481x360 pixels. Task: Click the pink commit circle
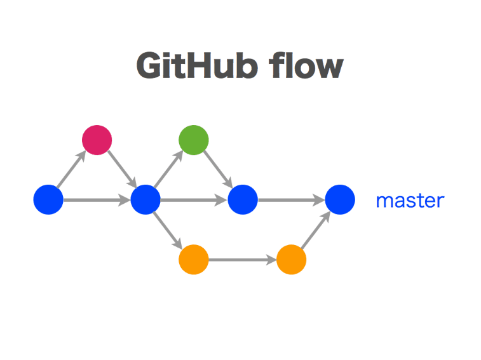pos(97,140)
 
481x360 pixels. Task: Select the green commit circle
pos(194,140)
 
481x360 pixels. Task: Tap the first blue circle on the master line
pos(48,199)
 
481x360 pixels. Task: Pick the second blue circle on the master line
pos(146,199)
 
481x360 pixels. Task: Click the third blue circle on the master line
pos(243,199)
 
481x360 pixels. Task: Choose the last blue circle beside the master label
pos(340,199)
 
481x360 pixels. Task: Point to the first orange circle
pos(194,260)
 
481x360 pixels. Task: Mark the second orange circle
pos(291,260)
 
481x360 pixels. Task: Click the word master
pos(410,201)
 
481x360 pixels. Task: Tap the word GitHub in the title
pos(197,65)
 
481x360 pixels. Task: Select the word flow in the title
pos(306,65)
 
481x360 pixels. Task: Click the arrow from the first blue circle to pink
pos(72,169)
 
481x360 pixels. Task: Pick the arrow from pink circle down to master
pos(122,169)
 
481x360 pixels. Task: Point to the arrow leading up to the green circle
pos(169,169)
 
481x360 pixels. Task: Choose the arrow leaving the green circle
pos(219,169)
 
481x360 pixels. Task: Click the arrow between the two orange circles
pos(242,260)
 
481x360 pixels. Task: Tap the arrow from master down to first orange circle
pos(168,230)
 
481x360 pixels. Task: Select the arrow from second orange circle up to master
pos(316,230)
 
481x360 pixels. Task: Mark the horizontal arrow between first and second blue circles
pos(97,200)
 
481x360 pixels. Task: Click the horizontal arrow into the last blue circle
pos(292,200)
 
